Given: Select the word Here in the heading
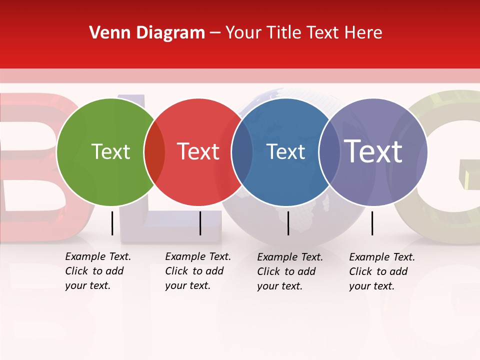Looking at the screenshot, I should (x=364, y=33).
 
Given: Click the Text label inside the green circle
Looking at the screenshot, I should (x=110, y=151).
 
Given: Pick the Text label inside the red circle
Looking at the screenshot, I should (x=198, y=151).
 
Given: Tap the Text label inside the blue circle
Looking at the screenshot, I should (x=285, y=151).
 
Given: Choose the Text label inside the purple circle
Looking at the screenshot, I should (x=373, y=151).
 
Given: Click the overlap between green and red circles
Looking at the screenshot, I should (x=154, y=152).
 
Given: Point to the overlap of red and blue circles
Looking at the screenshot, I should (x=242, y=152).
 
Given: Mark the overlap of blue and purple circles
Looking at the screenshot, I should (x=329, y=152).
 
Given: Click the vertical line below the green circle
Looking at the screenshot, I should (x=112, y=223).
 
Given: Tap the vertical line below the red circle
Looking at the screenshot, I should (x=200, y=223).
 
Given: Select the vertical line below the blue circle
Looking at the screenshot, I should (x=288, y=223).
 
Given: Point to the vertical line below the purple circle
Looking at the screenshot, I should (x=372, y=223).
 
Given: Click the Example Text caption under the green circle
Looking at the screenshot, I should (x=97, y=271).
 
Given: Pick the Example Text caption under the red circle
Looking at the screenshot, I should (x=197, y=271).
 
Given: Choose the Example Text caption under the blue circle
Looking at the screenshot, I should (x=289, y=271).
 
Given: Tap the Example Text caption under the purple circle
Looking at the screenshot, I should (x=381, y=271).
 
